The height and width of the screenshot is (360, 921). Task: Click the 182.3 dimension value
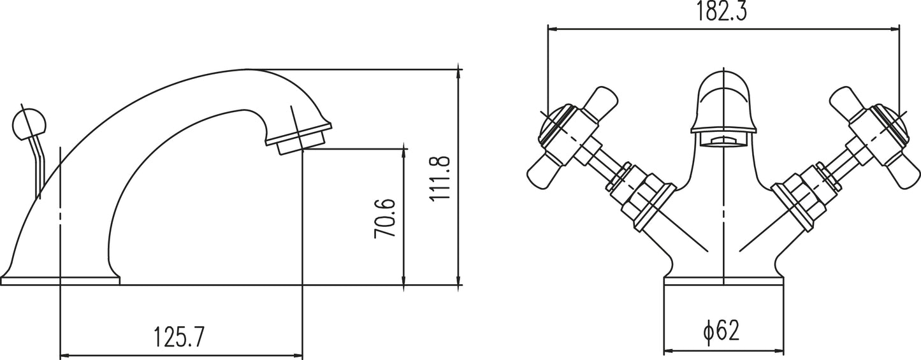pos(721,11)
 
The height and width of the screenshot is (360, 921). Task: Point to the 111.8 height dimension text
pos(440,178)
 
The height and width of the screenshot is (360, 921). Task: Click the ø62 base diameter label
pos(721,330)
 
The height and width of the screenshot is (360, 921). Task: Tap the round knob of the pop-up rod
pos(29,123)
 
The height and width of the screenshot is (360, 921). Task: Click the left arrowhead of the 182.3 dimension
pos(553,29)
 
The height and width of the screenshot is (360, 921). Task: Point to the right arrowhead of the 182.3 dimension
pos(894,29)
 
